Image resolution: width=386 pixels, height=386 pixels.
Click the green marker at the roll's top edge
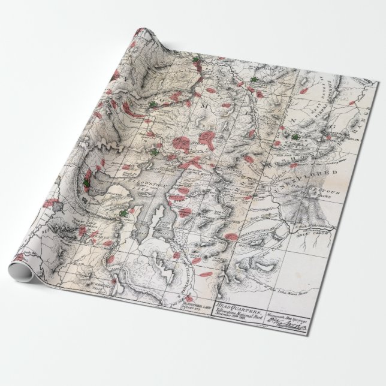click(196, 60)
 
